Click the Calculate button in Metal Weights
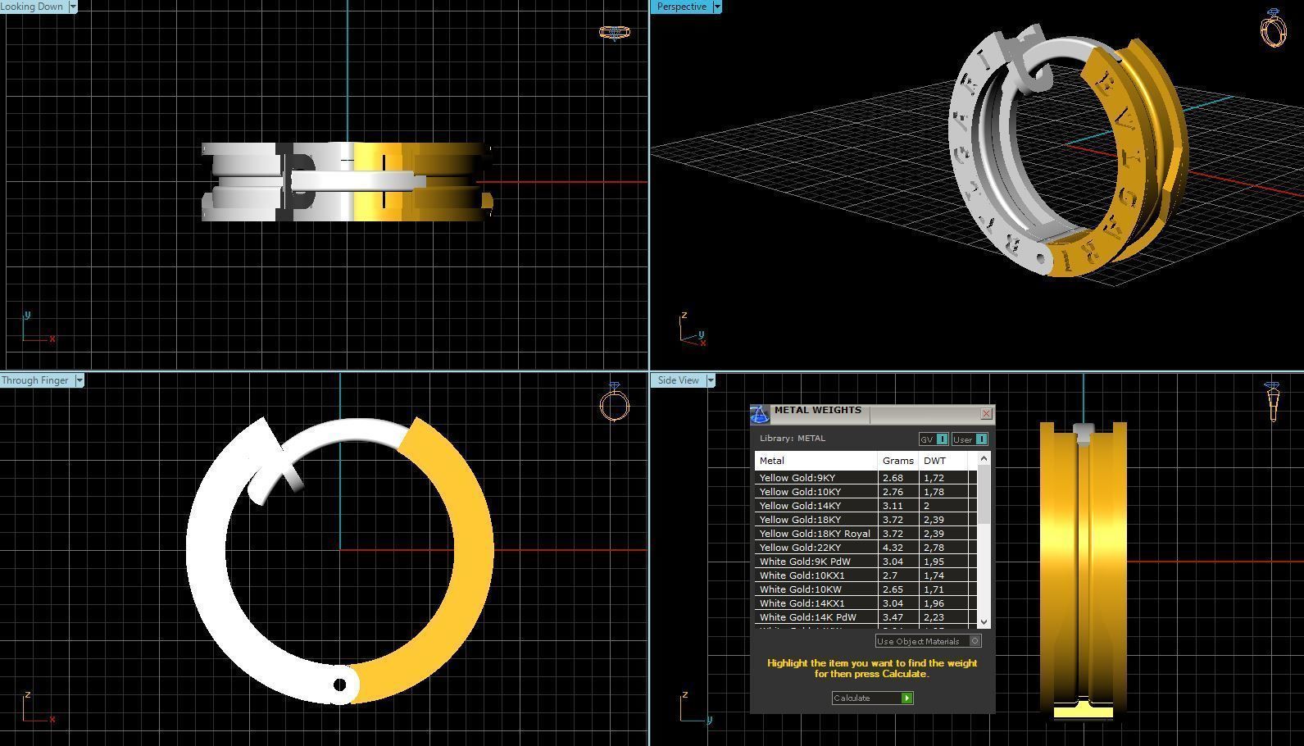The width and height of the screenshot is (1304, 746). pyautogui.click(x=872, y=698)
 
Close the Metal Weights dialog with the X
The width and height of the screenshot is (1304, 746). pyautogui.click(x=986, y=413)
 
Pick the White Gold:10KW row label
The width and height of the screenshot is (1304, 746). pyautogui.click(x=793, y=589)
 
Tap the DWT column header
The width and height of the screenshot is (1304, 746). pyautogui.click(x=934, y=461)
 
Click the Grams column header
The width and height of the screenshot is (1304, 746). pyautogui.click(x=897, y=461)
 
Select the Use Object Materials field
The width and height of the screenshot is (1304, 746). pyautogui.click(x=922, y=641)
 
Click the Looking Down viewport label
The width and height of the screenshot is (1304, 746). pyautogui.click(x=33, y=7)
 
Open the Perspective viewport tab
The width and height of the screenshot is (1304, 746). pyautogui.click(x=681, y=7)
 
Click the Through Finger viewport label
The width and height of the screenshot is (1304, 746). pyautogui.click(x=35, y=380)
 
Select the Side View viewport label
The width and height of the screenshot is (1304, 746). pyautogui.click(x=678, y=380)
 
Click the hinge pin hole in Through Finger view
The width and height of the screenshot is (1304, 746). pyautogui.click(x=340, y=685)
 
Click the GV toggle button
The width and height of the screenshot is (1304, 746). pyautogui.click(x=934, y=439)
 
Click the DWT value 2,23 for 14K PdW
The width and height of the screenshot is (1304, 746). pyautogui.click(x=934, y=617)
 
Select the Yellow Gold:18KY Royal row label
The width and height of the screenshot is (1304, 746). pyautogui.click(x=815, y=534)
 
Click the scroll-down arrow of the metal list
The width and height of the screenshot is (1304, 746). pyautogui.click(x=984, y=622)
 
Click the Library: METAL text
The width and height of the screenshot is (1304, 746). pyautogui.click(x=792, y=439)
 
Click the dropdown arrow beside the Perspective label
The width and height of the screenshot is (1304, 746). pyautogui.click(x=717, y=7)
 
